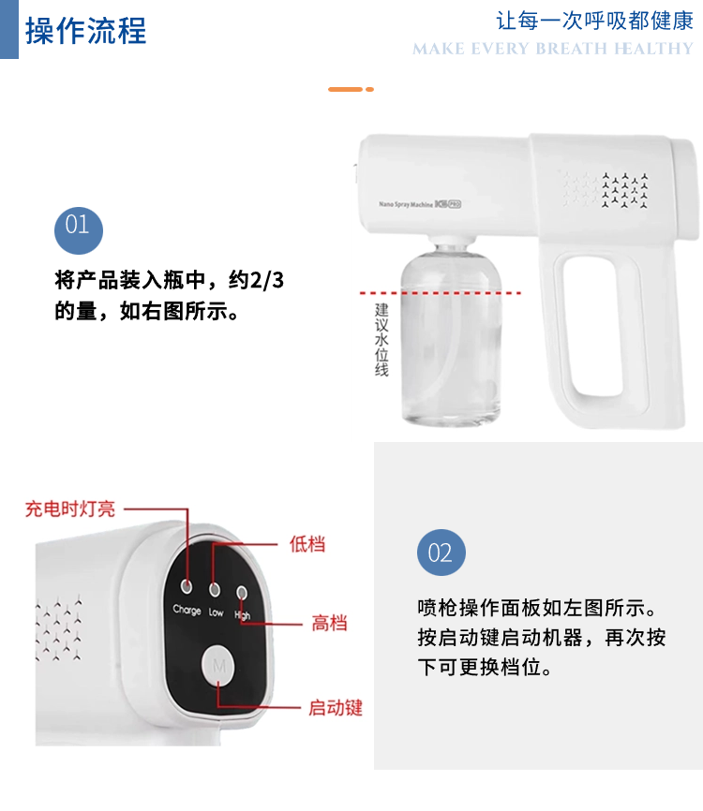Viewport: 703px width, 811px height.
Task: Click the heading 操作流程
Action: pos(86,31)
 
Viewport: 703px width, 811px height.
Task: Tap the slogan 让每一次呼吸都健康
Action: pos(594,22)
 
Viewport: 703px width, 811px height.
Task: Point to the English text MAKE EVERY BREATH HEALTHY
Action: pos(552,49)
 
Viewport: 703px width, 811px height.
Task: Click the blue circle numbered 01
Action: pos(79,230)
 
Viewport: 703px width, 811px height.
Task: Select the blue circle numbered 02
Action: pos(441,553)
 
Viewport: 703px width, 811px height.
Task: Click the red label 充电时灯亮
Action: pos(70,509)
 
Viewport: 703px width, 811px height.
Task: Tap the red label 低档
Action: pos(307,544)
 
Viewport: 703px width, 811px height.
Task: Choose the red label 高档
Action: pos(329,623)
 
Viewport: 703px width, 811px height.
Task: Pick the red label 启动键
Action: pos(336,708)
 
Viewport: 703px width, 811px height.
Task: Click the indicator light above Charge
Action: pos(187,586)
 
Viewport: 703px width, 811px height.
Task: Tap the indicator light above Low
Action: pos(215,589)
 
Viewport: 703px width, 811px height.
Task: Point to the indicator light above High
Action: pos(242,592)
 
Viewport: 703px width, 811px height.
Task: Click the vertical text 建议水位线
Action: pos(381,339)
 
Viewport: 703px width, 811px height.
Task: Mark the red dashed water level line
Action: pos(441,293)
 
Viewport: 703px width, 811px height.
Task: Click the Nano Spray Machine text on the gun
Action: pos(405,204)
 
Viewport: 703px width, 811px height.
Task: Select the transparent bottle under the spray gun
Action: pos(451,335)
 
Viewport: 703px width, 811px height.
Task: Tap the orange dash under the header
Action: pos(351,90)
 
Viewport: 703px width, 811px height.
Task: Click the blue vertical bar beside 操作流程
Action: pos(8,29)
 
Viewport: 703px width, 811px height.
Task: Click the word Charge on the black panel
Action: pos(187,610)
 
